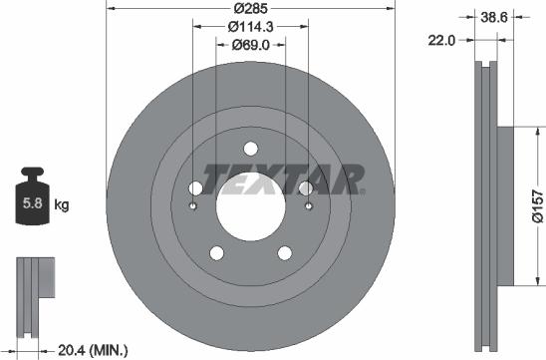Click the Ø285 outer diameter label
click(x=250, y=10)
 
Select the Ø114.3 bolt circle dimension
click(x=250, y=27)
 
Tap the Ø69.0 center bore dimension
click(x=250, y=45)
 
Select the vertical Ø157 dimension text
click(x=535, y=205)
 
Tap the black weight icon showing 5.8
click(x=30, y=202)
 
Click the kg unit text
click(x=62, y=206)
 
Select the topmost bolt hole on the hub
click(x=250, y=148)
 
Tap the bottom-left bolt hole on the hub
click(x=216, y=252)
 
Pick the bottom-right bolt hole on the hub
click(x=285, y=252)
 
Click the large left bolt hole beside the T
click(x=195, y=188)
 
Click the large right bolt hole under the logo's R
click(x=306, y=188)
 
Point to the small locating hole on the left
click(x=192, y=206)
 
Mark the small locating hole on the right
click(x=309, y=206)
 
